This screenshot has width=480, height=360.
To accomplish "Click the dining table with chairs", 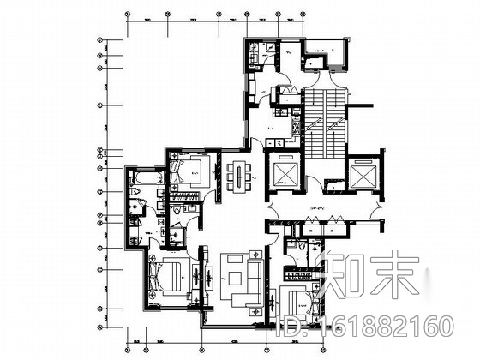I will (x=238, y=174).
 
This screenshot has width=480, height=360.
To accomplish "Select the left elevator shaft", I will (x=282, y=175).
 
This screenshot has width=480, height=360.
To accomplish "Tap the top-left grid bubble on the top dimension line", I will (x=126, y=15).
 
